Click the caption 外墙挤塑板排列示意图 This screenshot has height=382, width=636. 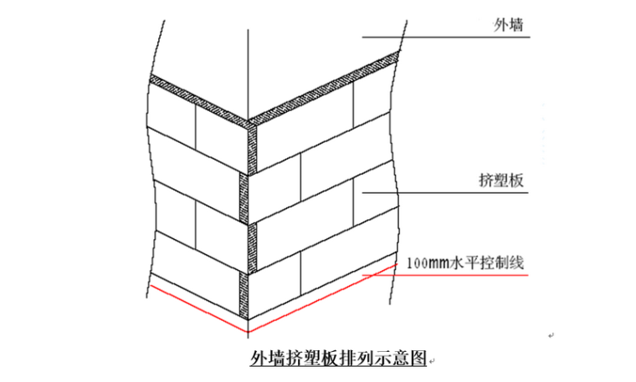(x=338, y=359)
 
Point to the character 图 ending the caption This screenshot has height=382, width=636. (x=418, y=359)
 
